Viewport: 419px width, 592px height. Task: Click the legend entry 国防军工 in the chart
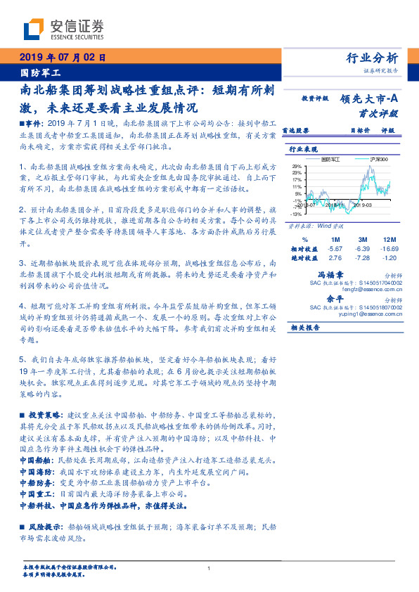point(328,160)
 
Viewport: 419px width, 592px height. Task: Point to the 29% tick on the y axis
point(297,165)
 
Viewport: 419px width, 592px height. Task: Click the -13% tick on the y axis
point(297,214)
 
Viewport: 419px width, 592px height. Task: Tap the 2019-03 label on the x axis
point(363,207)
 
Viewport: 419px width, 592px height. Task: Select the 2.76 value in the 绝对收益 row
point(335,258)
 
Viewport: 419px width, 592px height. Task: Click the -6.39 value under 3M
point(363,249)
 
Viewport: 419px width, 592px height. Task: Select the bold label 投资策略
point(46,416)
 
